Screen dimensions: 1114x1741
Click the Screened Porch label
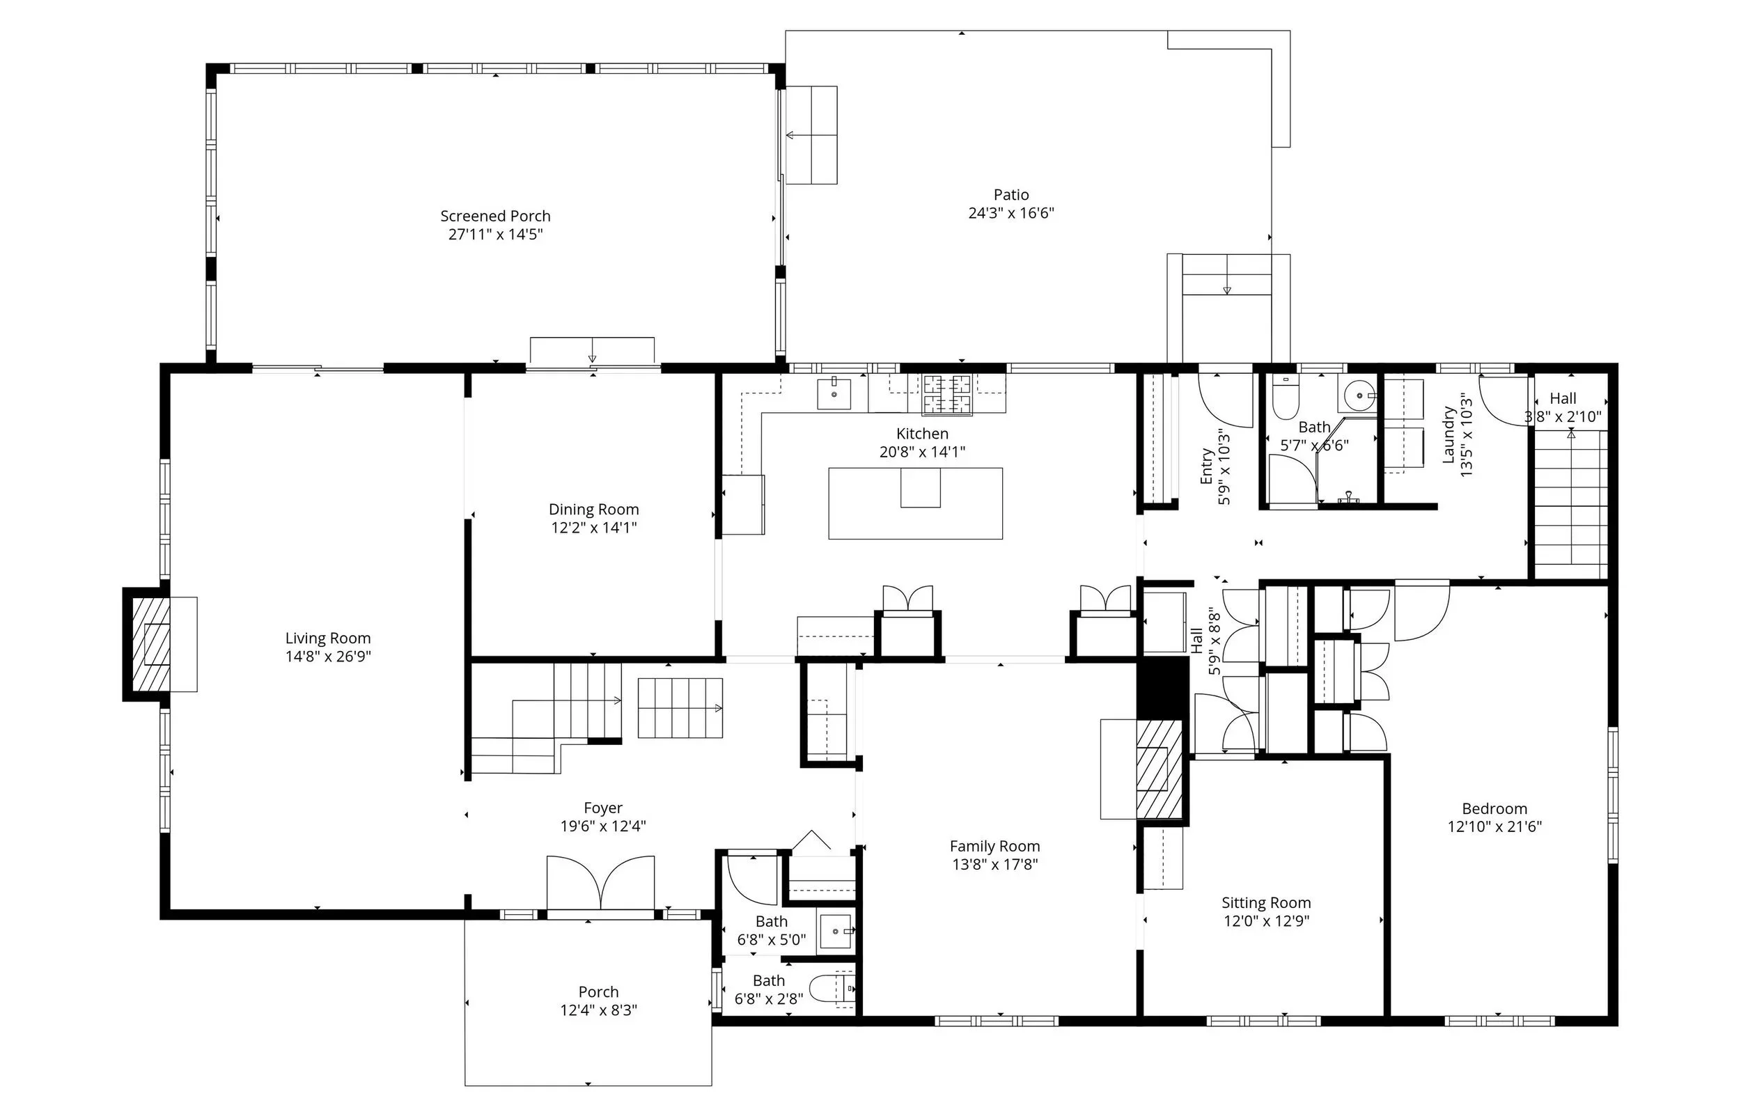(x=495, y=217)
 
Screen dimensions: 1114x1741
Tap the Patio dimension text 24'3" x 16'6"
(x=1011, y=213)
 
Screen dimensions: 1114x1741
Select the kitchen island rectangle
(x=915, y=503)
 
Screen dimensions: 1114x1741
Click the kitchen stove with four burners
(x=946, y=394)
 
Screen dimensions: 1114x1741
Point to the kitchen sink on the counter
(x=834, y=394)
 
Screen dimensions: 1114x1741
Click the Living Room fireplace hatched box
(x=151, y=644)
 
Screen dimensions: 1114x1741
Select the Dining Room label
(x=594, y=509)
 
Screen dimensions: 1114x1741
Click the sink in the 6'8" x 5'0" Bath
(x=836, y=932)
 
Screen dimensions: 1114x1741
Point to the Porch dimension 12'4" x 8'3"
(x=598, y=1010)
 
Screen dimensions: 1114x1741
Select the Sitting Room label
(x=1266, y=903)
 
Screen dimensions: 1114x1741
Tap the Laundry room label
(x=1449, y=434)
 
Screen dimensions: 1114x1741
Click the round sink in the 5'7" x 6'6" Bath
(x=1359, y=395)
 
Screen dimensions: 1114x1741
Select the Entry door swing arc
(x=1224, y=402)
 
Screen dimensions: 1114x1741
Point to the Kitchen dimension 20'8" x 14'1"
(x=922, y=452)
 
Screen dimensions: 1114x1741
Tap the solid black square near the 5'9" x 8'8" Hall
(x=1163, y=687)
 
